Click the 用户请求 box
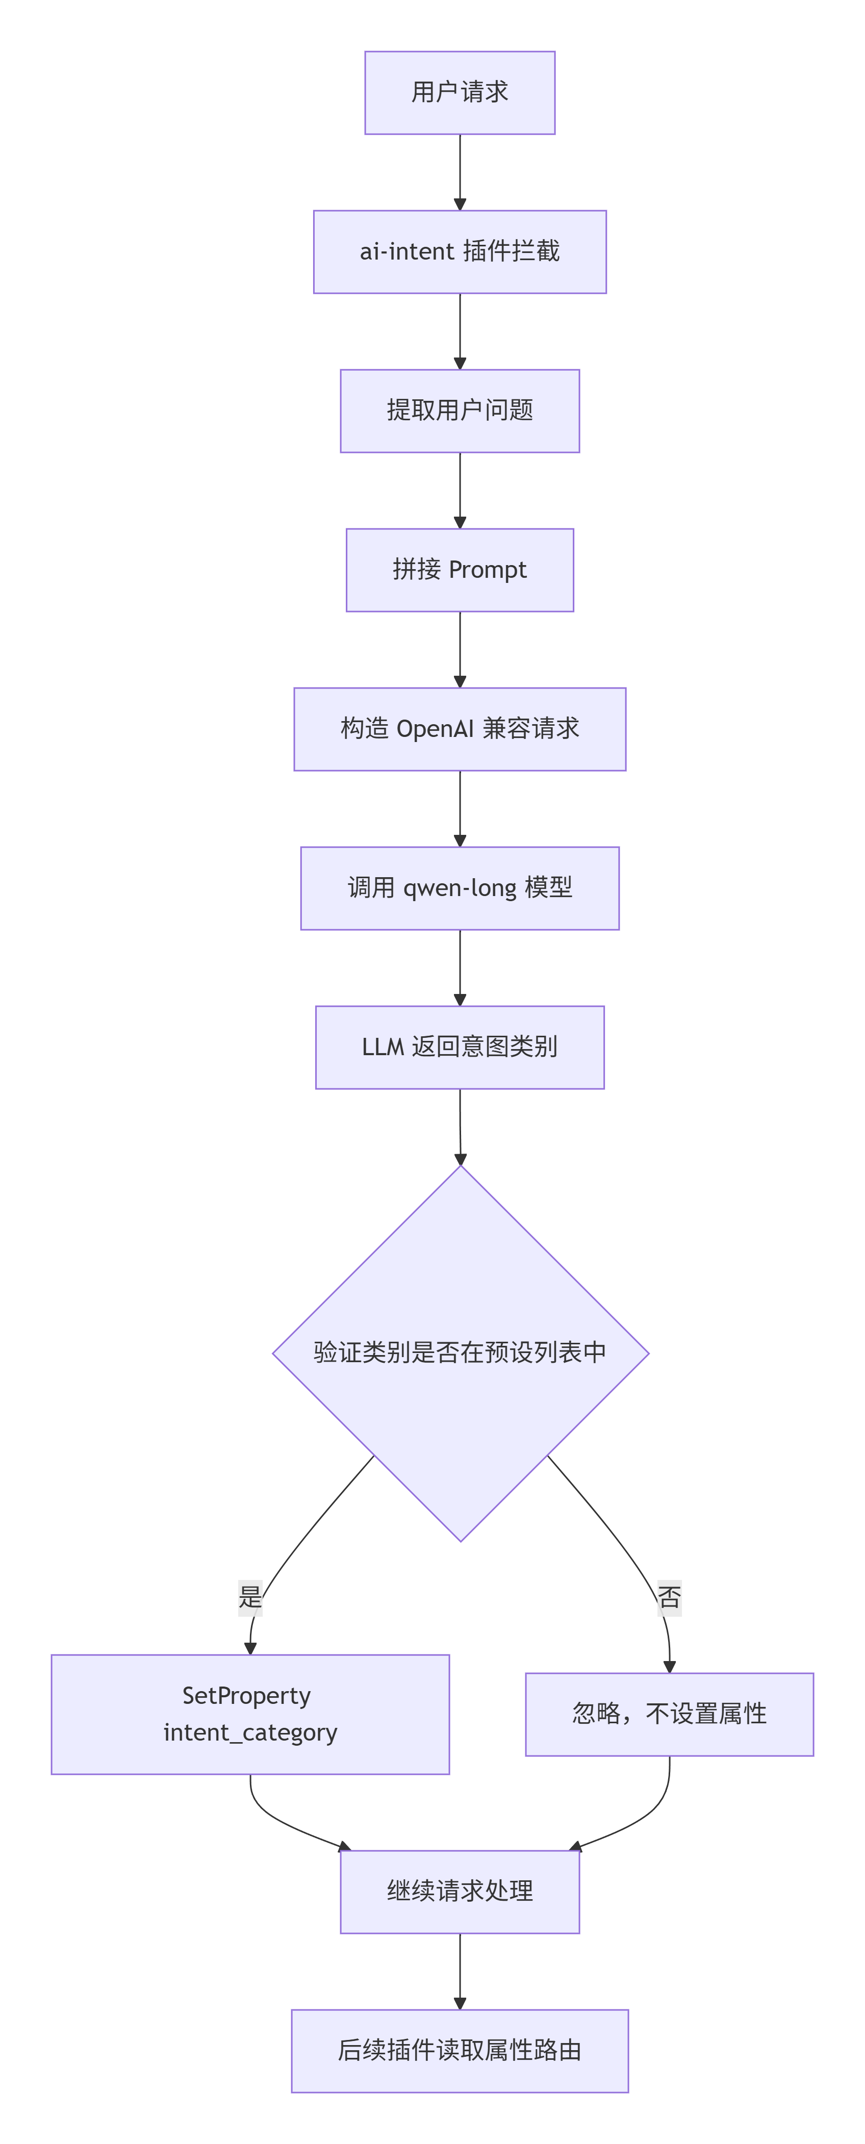click(x=460, y=92)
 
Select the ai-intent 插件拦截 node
click(x=460, y=251)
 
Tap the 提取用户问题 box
click(x=460, y=411)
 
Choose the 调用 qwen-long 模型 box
click(x=460, y=888)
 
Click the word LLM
click(x=383, y=1047)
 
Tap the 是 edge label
click(x=250, y=1597)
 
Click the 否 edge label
click(x=669, y=1597)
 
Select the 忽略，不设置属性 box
click(x=669, y=1715)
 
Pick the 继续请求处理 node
click(x=460, y=1891)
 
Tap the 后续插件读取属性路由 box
click(x=460, y=2051)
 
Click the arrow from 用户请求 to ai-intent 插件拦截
click(x=460, y=172)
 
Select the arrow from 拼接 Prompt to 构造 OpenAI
click(x=460, y=650)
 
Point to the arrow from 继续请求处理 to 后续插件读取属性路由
click(x=460, y=1972)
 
